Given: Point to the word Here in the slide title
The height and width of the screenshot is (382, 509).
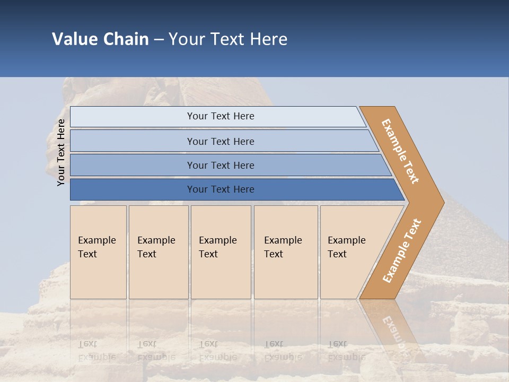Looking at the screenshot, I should pyautogui.click(x=268, y=39).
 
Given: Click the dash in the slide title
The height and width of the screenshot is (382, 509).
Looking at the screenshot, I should pyautogui.click(x=159, y=40).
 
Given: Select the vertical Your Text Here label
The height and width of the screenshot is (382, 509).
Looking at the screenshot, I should pyautogui.click(x=61, y=152).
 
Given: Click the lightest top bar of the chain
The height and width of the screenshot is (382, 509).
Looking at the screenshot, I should pyautogui.click(x=217, y=116).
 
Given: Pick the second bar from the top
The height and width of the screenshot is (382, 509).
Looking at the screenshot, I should pyautogui.click(x=220, y=141).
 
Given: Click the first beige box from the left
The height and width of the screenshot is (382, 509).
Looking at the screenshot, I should pyautogui.click(x=98, y=252).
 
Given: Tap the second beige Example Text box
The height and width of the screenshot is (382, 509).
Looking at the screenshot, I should pyautogui.click(x=159, y=252).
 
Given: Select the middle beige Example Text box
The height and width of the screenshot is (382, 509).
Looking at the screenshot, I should pyautogui.click(x=221, y=252).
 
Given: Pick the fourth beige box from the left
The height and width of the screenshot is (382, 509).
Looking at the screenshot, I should pyautogui.click(x=286, y=252).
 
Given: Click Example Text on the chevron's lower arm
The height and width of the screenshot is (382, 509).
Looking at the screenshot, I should pyautogui.click(x=402, y=251).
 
